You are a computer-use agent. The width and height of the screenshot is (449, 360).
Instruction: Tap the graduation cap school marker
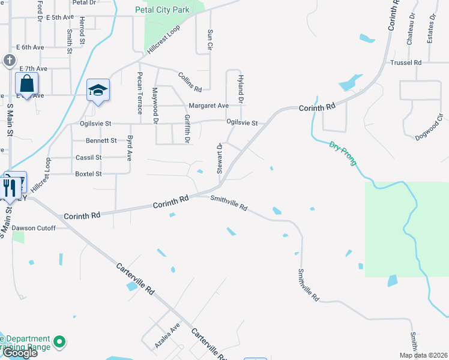[98, 90]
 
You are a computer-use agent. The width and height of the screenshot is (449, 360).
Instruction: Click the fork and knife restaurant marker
[10, 187]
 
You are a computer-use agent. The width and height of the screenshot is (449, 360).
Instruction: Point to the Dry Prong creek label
[343, 153]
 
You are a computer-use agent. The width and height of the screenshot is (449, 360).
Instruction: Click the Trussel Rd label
[406, 62]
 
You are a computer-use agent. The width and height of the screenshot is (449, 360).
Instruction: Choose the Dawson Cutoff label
[34, 228]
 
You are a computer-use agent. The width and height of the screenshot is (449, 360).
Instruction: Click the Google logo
[20, 353]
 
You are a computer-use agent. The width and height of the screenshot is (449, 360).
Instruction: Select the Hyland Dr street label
[240, 88]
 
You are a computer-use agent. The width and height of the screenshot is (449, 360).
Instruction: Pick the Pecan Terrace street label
[140, 93]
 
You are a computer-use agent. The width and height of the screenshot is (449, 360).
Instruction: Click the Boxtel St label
[88, 174]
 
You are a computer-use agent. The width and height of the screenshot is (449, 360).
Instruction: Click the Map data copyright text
[422, 355]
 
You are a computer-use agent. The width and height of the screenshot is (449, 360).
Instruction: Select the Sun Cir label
[210, 39]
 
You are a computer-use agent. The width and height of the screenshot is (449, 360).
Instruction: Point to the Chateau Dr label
[411, 30]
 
